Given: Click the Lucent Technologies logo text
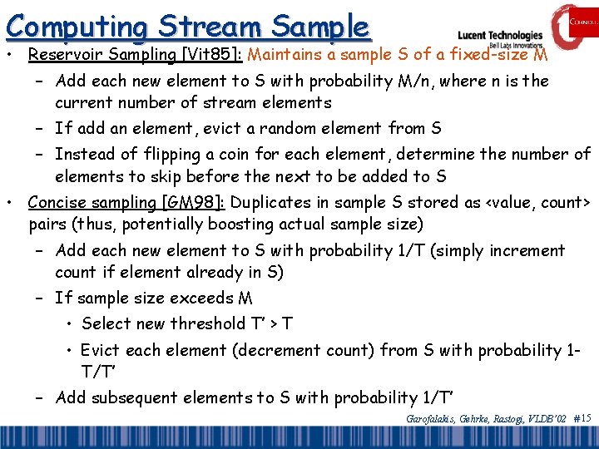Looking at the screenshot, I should [x=499, y=36].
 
